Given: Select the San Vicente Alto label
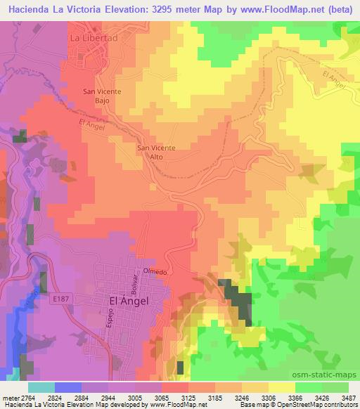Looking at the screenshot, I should click(155, 152).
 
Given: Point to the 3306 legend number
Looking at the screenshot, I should click(268, 397).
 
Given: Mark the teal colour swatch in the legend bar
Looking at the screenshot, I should click(41, 387).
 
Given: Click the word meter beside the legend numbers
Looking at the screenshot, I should click(9, 397).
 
